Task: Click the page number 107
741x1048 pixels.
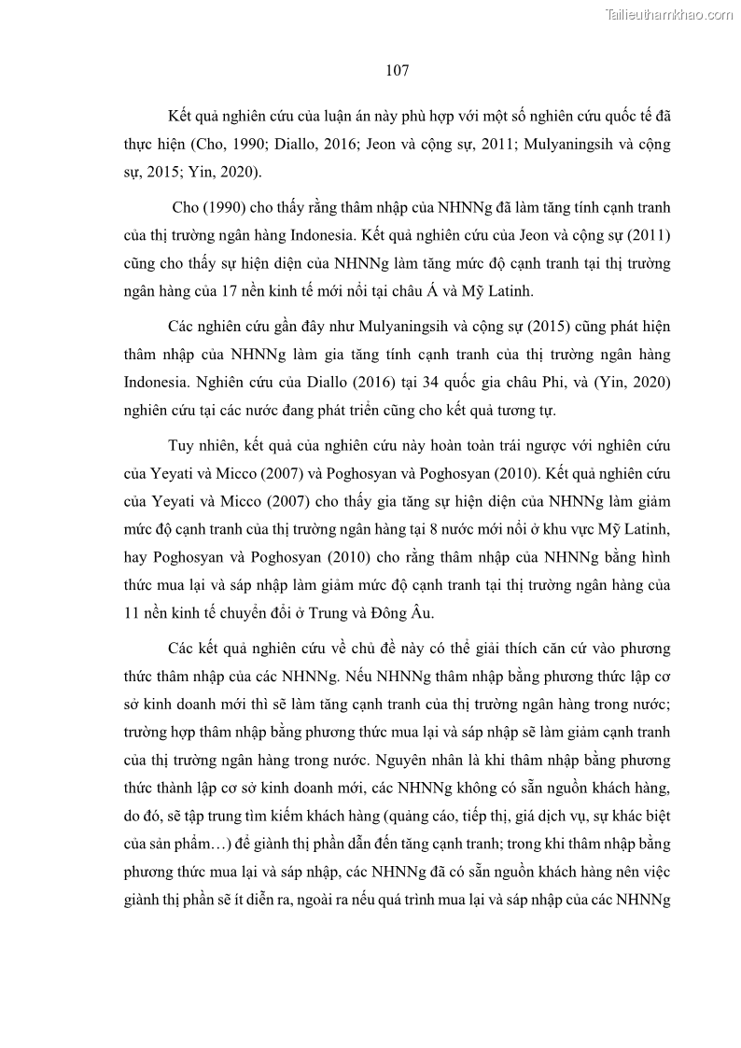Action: click(397, 70)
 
